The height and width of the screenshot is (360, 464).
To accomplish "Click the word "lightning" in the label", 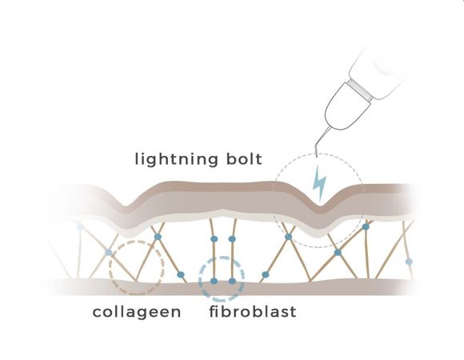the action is (176, 159).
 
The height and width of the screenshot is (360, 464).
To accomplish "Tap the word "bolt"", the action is (244, 159).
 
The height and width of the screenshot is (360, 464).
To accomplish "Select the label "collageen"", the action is (137, 312).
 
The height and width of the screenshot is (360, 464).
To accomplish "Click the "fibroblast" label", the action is (253, 311).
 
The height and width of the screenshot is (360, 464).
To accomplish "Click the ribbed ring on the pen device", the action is (361, 90).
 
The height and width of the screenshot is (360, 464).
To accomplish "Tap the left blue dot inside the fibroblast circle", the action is (214, 281).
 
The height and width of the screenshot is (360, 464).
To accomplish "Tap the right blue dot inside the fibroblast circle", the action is (233, 281).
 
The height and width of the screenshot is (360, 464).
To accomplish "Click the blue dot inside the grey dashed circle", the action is (288, 237).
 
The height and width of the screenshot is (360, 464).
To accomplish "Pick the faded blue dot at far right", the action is (409, 262).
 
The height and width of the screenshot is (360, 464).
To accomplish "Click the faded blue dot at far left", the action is (80, 226).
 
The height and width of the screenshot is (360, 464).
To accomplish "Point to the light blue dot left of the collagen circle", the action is (109, 252).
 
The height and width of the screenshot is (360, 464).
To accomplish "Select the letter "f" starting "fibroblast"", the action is (213, 311).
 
